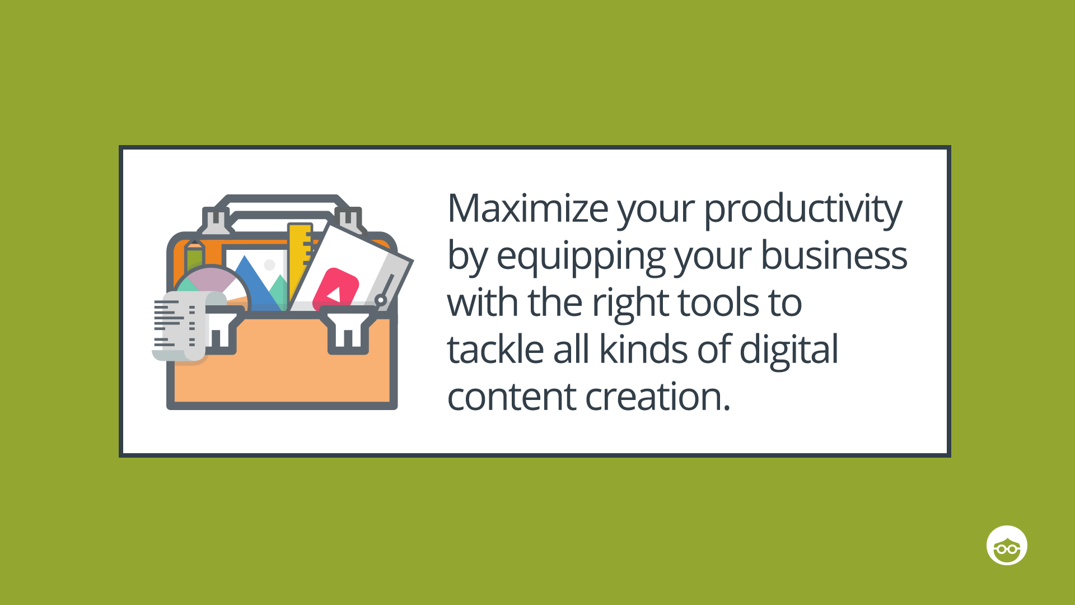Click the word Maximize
(528, 208)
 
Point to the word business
(834, 255)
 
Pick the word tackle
(496, 349)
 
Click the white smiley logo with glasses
(1007, 545)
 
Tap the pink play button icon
(336, 288)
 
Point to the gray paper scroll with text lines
(179, 327)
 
